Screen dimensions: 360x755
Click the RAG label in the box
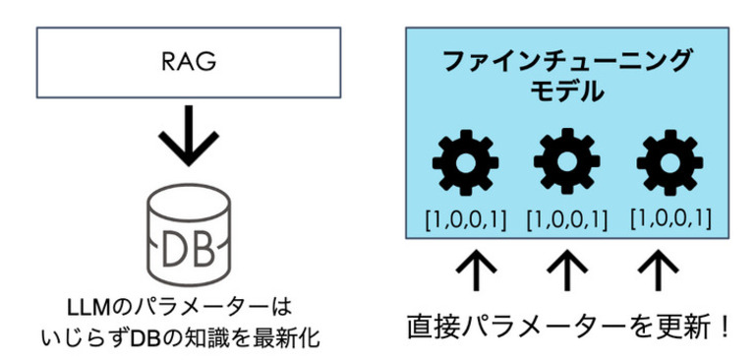(188, 61)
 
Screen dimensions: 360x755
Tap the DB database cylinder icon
(187, 235)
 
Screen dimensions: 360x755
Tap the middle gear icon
(566, 163)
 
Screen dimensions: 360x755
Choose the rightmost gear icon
(667, 163)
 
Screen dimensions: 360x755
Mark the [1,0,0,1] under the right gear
(670, 217)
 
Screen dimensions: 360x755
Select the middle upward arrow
(566, 269)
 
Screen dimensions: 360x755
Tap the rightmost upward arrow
(666, 269)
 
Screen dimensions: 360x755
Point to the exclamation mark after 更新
(726, 326)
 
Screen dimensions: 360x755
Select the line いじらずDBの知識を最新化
(188, 336)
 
